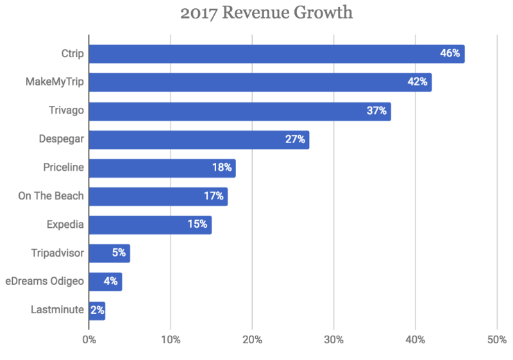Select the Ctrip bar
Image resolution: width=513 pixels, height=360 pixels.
point(276,54)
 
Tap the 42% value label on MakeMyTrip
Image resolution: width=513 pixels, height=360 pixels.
point(417,82)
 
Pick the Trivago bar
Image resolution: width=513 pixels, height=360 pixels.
point(240,111)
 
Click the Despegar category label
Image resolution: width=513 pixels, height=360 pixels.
point(62,139)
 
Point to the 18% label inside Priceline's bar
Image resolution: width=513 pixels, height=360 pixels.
point(222,168)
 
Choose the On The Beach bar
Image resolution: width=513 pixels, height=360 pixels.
point(158,196)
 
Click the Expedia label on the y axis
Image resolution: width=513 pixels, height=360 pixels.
point(65,225)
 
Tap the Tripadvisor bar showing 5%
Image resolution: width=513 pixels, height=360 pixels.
point(109,253)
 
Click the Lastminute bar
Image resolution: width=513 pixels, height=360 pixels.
point(96,310)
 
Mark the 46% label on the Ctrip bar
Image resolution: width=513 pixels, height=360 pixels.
point(450,54)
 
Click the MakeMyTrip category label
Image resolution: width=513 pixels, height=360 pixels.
point(56,83)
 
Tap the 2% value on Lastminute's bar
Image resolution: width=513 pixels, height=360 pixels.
point(97,310)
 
